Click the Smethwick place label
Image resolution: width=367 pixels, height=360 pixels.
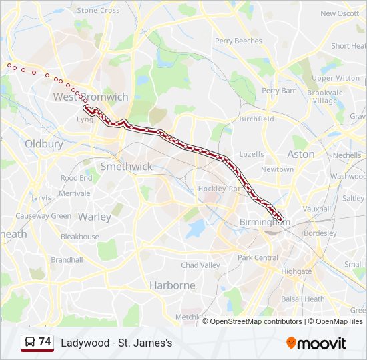(x=126, y=167)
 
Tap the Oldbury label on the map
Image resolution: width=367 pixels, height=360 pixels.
(x=43, y=143)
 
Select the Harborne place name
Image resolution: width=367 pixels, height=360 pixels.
(x=172, y=285)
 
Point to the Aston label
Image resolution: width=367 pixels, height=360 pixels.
(x=300, y=154)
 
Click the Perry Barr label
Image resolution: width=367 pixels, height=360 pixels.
(x=278, y=91)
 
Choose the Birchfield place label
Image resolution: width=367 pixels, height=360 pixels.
(x=256, y=119)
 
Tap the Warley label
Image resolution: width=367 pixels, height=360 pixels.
(x=95, y=217)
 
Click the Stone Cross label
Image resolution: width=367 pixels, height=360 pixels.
(x=99, y=11)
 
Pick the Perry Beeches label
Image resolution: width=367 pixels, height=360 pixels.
(x=238, y=41)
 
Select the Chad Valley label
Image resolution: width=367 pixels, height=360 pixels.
(x=200, y=265)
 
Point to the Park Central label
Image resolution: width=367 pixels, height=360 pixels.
(x=258, y=257)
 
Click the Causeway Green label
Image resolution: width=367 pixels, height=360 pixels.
(x=43, y=216)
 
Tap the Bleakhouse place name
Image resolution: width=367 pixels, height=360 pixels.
(x=79, y=237)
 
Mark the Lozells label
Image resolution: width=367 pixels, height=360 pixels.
(x=252, y=154)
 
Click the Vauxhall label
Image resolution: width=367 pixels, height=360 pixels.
(x=316, y=209)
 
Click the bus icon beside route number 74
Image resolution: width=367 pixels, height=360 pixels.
(x=29, y=343)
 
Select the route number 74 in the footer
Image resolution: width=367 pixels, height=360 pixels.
(x=45, y=342)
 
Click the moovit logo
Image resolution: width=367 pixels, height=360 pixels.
(x=316, y=343)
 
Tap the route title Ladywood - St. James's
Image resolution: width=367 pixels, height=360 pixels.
(x=117, y=343)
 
